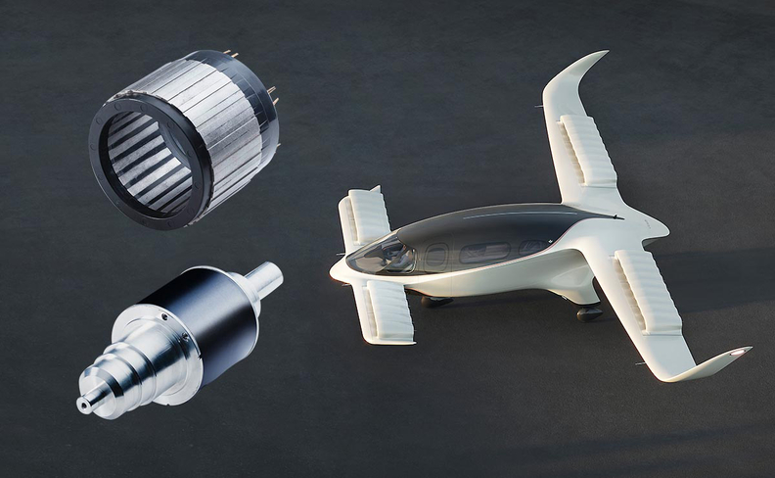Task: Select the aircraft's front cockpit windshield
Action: pyautogui.click(x=385, y=258)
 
